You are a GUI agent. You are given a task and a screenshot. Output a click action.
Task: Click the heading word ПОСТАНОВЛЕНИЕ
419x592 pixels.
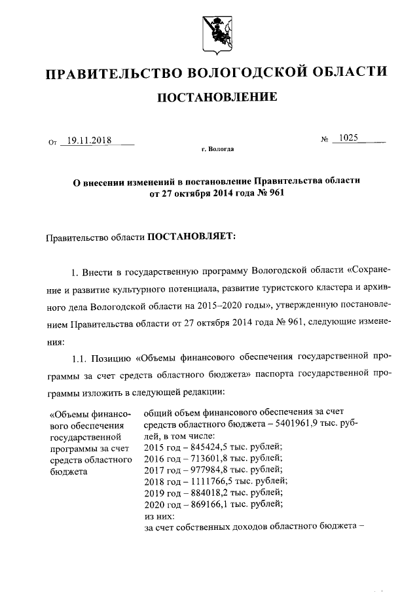216,98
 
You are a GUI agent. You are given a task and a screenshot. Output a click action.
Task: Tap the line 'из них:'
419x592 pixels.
156,514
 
